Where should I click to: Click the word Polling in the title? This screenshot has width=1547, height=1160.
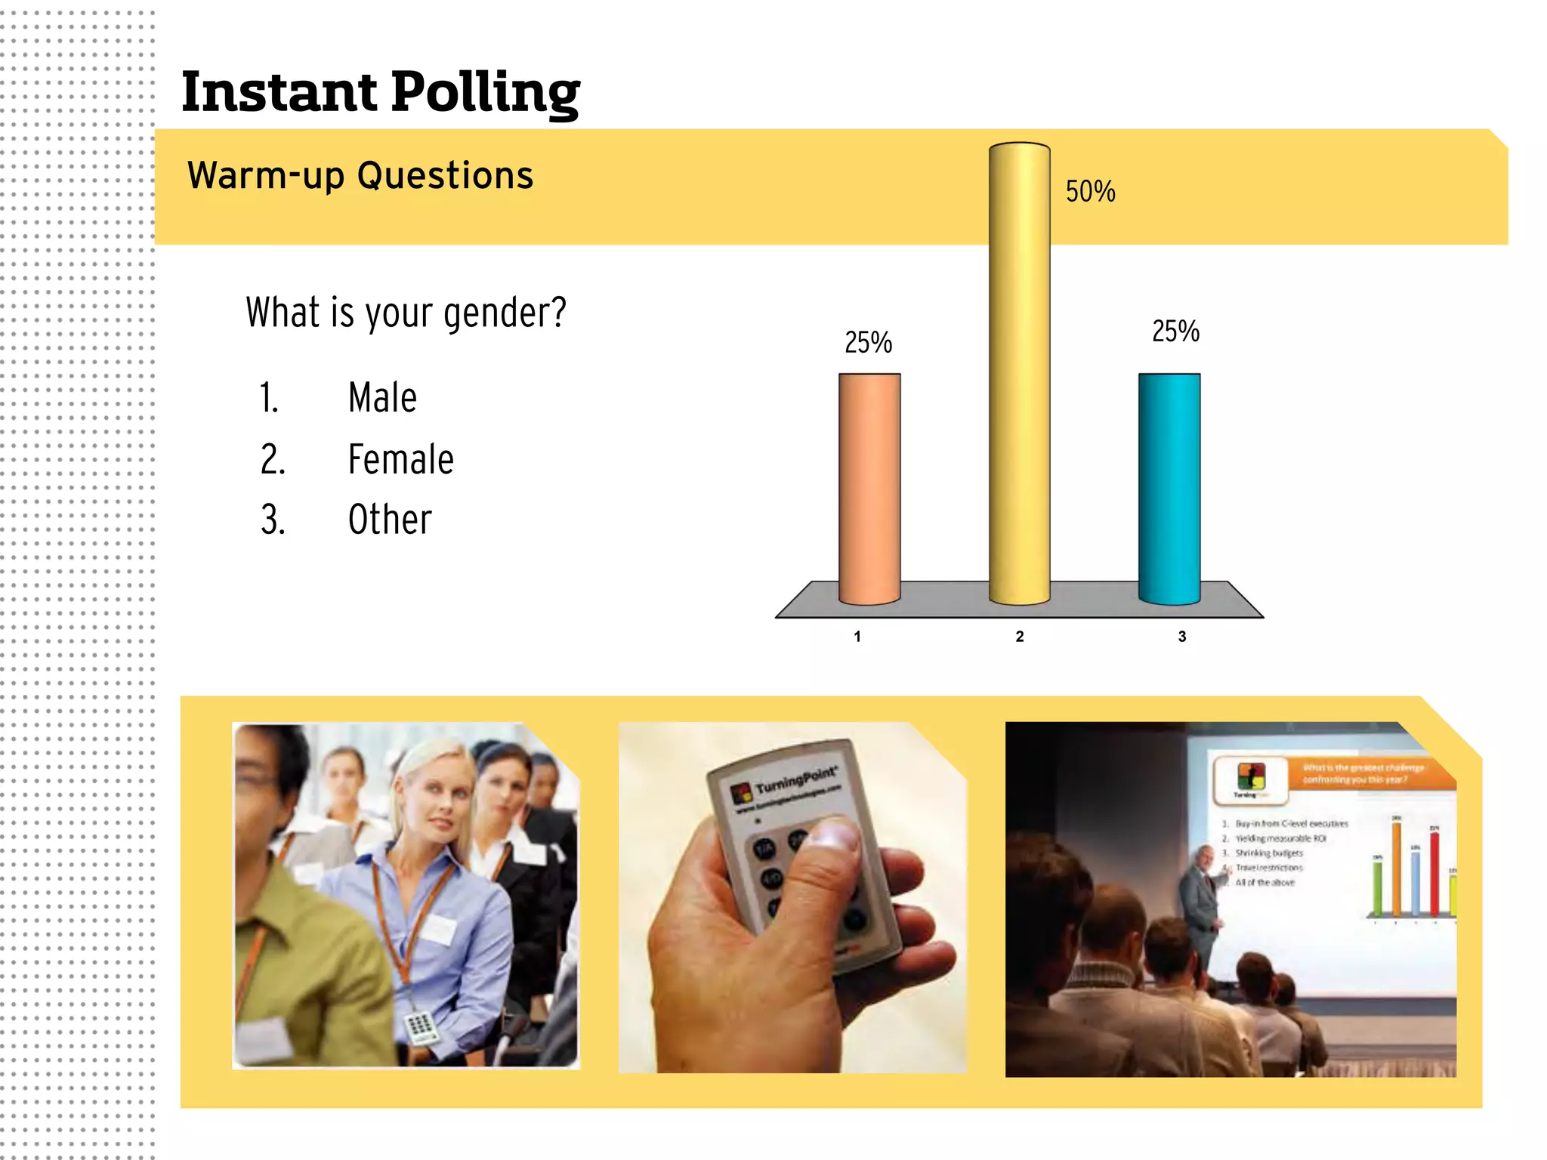[x=486, y=93]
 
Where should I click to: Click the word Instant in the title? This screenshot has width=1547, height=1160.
[x=279, y=91]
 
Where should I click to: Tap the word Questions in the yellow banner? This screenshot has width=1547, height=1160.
[x=445, y=175]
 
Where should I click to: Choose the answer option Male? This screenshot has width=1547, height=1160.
[x=382, y=397]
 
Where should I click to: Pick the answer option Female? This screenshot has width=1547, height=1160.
[x=400, y=459]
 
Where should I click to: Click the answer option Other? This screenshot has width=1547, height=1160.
[x=390, y=520]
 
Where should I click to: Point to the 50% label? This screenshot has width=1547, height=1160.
[x=1090, y=192]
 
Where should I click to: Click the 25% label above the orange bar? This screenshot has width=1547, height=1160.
[x=868, y=343]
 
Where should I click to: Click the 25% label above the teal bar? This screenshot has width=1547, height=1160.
[x=1175, y=332]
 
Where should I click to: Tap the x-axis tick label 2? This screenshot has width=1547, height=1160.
[x=1020, y=637]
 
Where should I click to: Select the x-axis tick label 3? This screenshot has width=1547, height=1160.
[x=1182, y=637]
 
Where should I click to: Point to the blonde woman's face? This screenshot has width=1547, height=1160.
[x=439, y=801]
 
